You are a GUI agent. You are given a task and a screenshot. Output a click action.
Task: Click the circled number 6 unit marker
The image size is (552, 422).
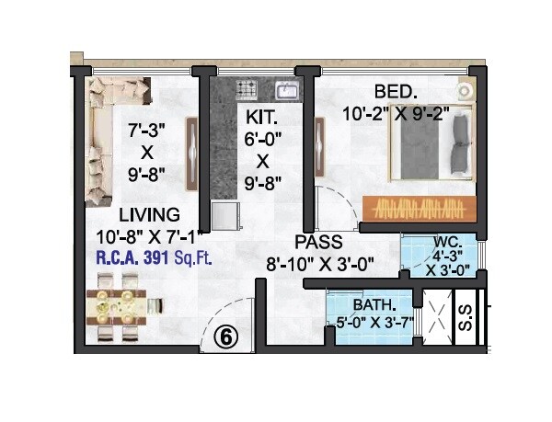point(226,336)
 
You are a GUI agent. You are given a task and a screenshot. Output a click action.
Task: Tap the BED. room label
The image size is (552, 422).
point(397,92)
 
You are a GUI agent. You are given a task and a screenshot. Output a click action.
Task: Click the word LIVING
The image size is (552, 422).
point(130,215)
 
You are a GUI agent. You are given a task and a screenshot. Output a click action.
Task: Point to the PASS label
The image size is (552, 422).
point(318,243)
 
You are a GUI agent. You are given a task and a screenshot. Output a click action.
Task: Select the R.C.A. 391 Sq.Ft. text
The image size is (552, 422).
point(155,258)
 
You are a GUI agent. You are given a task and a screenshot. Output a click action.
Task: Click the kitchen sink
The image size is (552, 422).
point(285,90)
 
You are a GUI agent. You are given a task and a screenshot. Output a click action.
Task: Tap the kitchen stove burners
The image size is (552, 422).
point(247,89)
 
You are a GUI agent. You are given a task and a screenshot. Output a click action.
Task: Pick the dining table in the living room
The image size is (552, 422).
point(123,305)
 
